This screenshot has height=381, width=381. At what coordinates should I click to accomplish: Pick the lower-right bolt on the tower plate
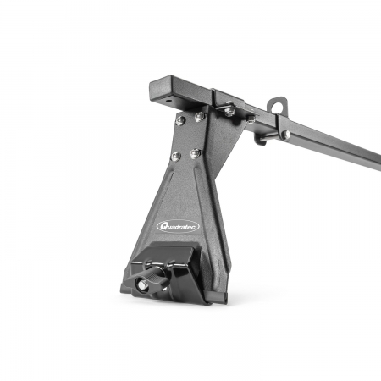[x=196, y=152]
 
